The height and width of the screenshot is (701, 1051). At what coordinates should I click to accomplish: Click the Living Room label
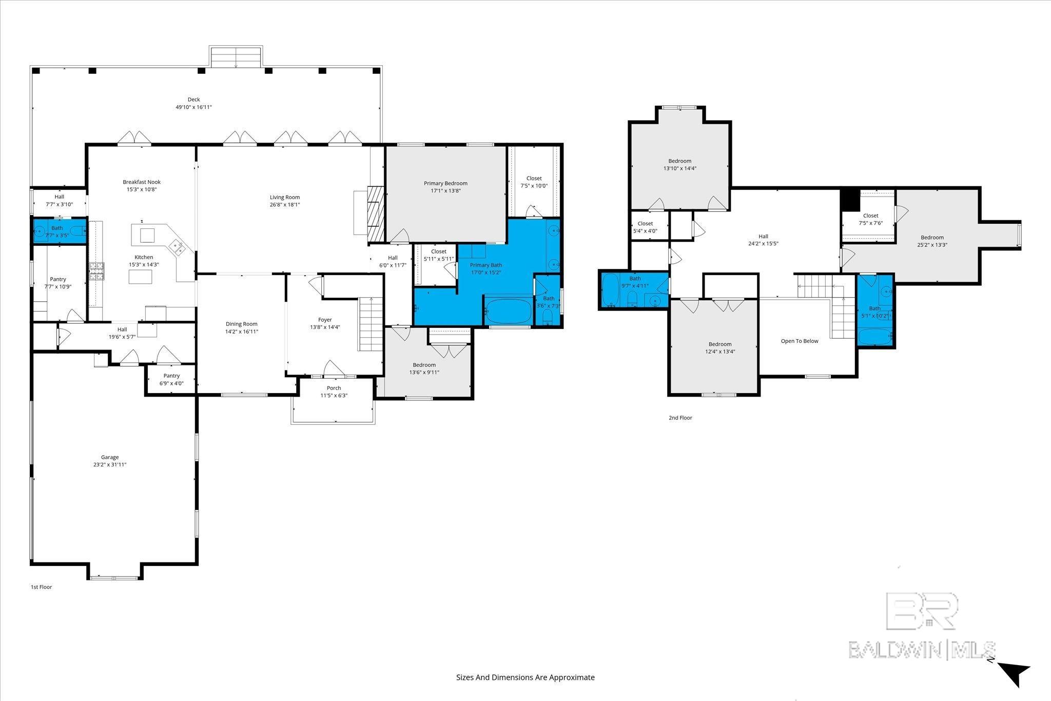click(285, 197)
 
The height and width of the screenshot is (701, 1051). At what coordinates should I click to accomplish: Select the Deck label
click(193, 100)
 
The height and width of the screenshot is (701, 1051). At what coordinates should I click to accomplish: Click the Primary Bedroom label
click(445, 183)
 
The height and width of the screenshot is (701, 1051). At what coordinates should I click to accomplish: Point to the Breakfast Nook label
click(142, 182)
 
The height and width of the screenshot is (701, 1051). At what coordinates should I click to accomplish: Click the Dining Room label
click(242, 324)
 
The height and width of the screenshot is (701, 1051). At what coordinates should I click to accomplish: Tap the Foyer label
click(325, 320)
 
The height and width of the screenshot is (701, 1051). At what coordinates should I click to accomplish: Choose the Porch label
click(334, 388)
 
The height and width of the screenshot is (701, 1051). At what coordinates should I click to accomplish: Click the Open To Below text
click(800, 341)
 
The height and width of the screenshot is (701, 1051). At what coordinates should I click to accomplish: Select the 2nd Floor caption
click(680, 418)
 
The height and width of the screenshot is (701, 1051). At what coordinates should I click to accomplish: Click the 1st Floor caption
click(42, 587)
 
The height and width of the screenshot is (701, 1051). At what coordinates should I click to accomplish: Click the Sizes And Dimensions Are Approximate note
click(525, 677)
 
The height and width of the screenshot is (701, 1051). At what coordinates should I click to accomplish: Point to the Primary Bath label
click(486, 265)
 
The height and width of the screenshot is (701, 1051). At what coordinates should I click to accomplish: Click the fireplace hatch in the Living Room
click(376, 214)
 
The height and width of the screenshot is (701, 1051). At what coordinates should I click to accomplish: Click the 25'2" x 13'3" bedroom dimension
click(932, 245)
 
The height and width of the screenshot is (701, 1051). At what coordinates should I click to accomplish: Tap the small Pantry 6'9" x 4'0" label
click(171, 379)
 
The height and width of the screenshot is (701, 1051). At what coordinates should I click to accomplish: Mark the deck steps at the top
click(236, 56)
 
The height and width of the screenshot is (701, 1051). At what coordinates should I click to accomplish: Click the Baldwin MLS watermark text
click(922, 650)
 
